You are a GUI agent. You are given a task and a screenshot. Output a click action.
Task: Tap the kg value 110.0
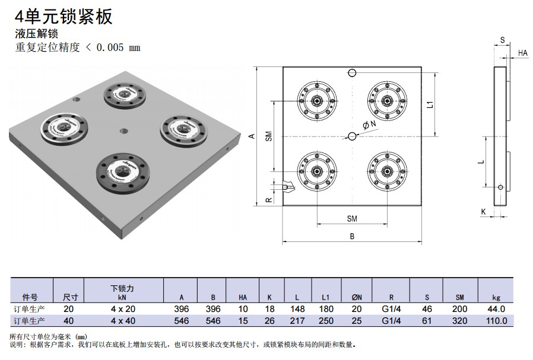click(x=496, y=320)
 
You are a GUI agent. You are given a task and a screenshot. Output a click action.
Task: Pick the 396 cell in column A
click(x=182, y=309)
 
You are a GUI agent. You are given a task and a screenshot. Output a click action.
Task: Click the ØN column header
click(x=356, y=297)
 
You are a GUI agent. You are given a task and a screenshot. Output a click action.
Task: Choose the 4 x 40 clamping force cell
click(x=122, y=320)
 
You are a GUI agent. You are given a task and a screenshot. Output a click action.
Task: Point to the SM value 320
click(x=460, y=320)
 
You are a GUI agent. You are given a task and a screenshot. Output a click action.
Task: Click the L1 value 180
click(x=326, y=309)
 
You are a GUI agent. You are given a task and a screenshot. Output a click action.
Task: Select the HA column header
click(x=243, y=297)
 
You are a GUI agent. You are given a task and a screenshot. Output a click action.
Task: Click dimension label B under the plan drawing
click(x=352, y=236)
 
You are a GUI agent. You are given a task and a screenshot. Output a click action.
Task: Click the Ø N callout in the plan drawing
click(x=368, y=125)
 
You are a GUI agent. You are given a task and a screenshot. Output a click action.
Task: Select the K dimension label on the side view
click(x=483, y=211)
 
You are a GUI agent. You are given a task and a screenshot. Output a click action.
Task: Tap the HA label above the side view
click(x=522, y=53)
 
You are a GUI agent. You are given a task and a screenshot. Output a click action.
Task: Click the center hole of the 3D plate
click(x=123, y=130)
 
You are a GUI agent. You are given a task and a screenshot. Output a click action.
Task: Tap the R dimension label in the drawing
click(x=268, y=200)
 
